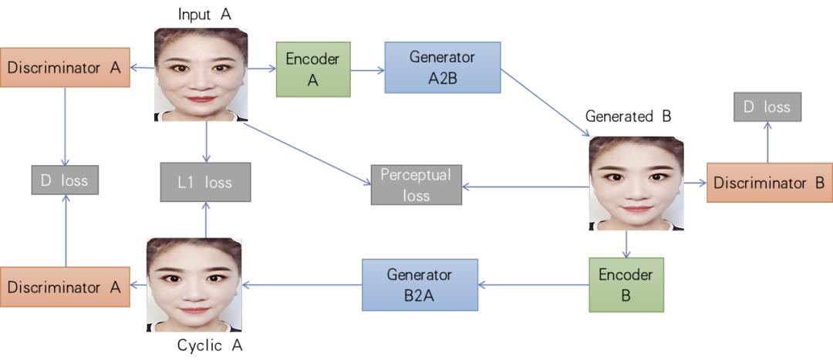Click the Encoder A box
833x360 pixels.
click(x=313, y=69)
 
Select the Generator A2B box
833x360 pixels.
click(x=443, y=67)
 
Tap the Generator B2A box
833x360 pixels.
click(x=420, y=284)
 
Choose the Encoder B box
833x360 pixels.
click(x=626, y=284)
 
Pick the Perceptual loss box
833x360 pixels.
click(x=416, y=185)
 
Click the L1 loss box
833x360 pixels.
click(x=206, y=183)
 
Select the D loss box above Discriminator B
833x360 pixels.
click(x=767, y=107)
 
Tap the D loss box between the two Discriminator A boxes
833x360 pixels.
click(x=65, y=180)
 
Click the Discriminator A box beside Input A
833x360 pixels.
click(x=65, y=67)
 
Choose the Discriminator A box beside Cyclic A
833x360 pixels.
click(x=65, y=287)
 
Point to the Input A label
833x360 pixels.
click(x=204, y=15)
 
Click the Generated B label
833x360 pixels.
click(x=628, y=116)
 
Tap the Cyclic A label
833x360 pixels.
click(x=210, y=346)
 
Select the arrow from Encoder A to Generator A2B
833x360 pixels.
click(x=368, y=69)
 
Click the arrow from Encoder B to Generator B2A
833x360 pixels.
click(x=534, y=285)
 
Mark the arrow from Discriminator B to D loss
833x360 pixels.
click(x=767, y=143)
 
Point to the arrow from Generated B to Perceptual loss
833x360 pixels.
click(x=525, y=187)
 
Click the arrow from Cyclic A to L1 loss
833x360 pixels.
click(x=206, y=220)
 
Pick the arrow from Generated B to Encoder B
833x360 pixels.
click(x=627, y=244)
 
